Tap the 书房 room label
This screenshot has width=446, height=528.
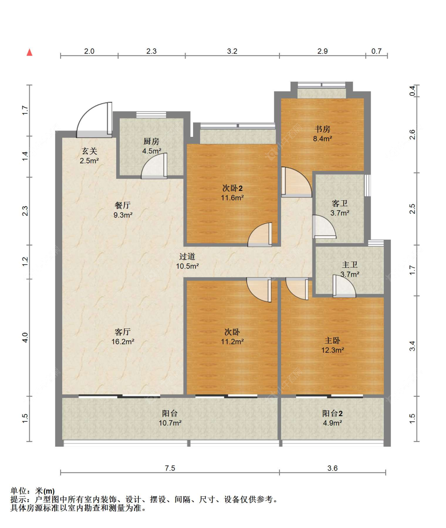click(322, 129)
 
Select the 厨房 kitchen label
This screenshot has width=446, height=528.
click(151, 141)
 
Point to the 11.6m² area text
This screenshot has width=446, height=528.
click(232, 198)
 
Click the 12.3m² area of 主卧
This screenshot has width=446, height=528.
click(332, 350)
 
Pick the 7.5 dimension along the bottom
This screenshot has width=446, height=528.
click(170, 468)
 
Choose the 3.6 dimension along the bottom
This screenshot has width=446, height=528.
click(332, 468)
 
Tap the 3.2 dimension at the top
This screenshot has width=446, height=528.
click(232, 51)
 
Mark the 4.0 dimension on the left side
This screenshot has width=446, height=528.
click(25, 338)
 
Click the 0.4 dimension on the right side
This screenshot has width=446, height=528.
click(412, 91)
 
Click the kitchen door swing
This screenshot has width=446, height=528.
click(154, 166)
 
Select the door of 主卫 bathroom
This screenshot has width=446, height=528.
click(344, 286)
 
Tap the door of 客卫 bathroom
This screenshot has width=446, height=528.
click(324, 227)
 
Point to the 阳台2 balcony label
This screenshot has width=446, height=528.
click(332, 413)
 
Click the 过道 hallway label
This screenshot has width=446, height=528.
click(187, 257)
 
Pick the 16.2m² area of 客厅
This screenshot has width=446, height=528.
click(123, 342)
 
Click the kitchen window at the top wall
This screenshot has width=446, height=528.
click(151, 115)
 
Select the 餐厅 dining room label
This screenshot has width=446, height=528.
click(123, 205)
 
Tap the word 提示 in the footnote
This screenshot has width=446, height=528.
click(18, 499)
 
